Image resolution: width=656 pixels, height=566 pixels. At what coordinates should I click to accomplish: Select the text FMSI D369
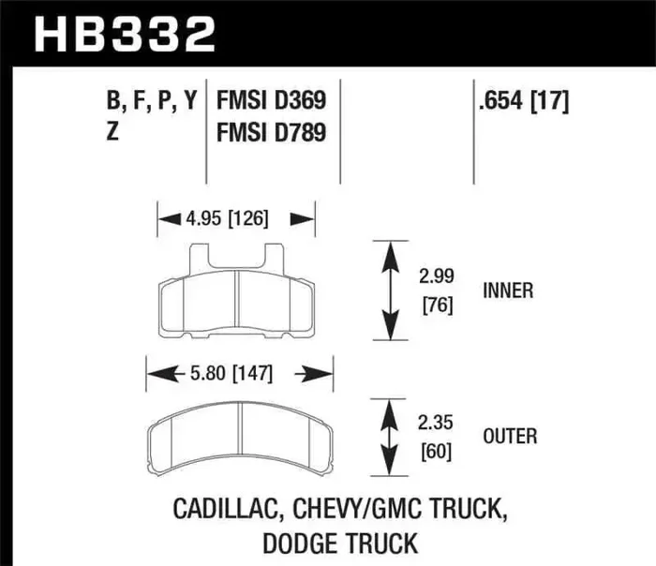[x=271, y=101]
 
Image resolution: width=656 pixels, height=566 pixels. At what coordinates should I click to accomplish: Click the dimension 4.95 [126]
[x=229, y=219]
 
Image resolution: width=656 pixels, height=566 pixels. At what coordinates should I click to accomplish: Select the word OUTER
[x=509, y=436]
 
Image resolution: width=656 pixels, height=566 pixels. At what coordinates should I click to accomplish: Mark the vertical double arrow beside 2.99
[x=386, y=290]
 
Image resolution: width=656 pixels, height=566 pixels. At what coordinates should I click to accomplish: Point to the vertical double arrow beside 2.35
[x=386, y=437]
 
